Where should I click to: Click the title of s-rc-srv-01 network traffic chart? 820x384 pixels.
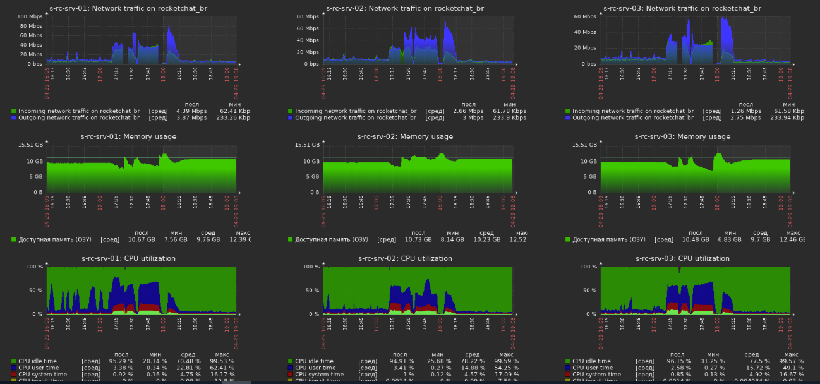click(128, 9)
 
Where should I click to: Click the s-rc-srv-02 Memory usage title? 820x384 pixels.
click(405, 136)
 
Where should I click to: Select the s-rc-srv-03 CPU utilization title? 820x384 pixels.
click(682, 258)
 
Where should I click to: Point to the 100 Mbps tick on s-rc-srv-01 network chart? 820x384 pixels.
click(30, 16)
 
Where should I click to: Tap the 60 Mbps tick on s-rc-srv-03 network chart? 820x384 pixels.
click(585, 16)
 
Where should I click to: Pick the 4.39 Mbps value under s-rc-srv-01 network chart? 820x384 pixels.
click(191, 111)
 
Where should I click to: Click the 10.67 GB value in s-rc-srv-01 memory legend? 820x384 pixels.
click(142, 239)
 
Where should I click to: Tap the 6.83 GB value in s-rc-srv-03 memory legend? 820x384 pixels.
click(730, 239)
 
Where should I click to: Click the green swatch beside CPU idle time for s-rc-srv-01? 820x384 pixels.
click(14, 361)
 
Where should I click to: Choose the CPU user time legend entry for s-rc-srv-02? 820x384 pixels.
click(321, 368)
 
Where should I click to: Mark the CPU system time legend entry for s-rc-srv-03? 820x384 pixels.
click(597, 375)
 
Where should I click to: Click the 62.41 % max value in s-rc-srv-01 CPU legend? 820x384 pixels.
click(222, 368)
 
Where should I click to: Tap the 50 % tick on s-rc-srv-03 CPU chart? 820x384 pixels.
click(588, 291)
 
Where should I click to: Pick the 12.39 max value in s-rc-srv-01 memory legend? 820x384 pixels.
click(241, 239)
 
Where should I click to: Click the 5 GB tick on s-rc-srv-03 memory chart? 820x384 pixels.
click(589, 177)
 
